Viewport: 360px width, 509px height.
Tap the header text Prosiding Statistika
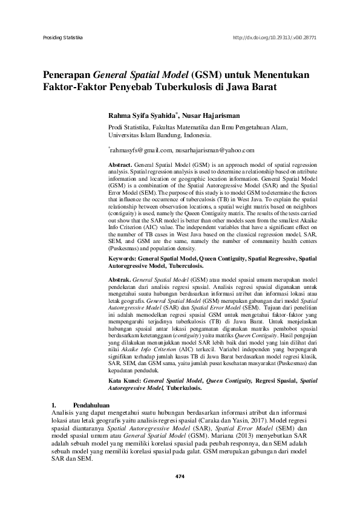[62, 37]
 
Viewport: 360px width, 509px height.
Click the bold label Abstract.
[119, 164]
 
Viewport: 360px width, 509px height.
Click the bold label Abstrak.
[119, 281]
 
